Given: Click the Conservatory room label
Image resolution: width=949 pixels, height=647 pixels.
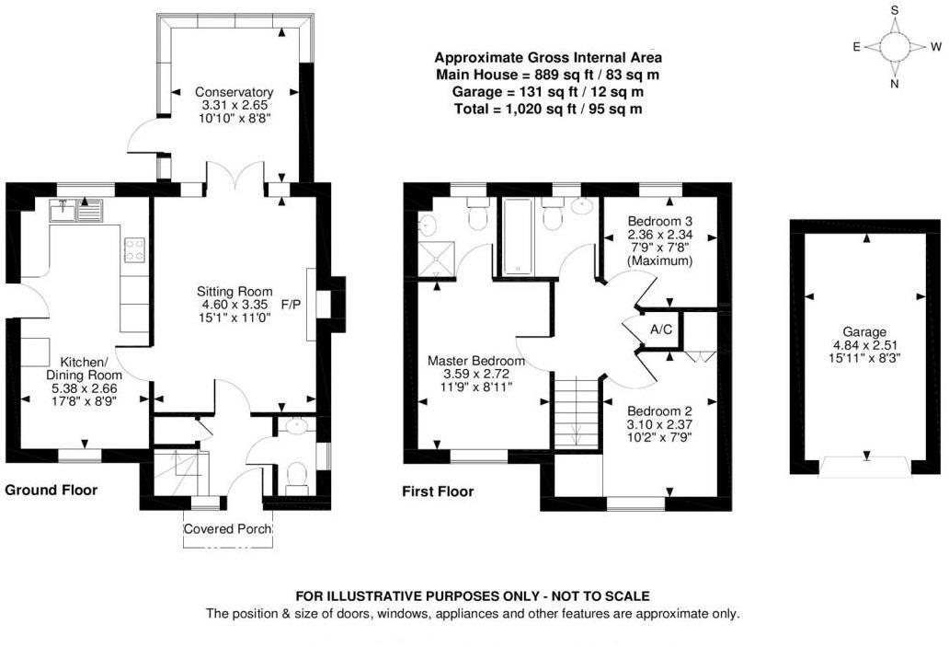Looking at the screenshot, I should tap(234, 92).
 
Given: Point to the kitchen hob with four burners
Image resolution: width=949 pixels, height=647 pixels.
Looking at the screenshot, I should tap(134, 248).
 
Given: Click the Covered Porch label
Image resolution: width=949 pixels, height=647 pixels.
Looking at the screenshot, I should tap(227, 529).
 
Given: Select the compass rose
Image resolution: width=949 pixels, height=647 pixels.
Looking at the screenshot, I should tap(894, 46).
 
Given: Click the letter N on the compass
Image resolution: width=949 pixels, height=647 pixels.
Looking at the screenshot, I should tap(894, 84).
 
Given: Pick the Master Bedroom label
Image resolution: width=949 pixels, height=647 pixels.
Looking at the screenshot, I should tap(476, 361).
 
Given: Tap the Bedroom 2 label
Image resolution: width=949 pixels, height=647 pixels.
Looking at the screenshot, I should tap(659, 410).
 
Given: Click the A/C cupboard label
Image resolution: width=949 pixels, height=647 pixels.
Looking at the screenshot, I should tap(659, 329).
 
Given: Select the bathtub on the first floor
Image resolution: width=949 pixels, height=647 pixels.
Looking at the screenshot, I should tap(518, 236).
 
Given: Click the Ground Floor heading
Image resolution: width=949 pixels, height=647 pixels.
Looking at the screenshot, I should tap(51, 491).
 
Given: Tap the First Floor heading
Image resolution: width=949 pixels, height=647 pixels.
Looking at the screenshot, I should tap(438, 491).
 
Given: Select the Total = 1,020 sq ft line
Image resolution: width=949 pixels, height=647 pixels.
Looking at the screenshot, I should tap(548, 109).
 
